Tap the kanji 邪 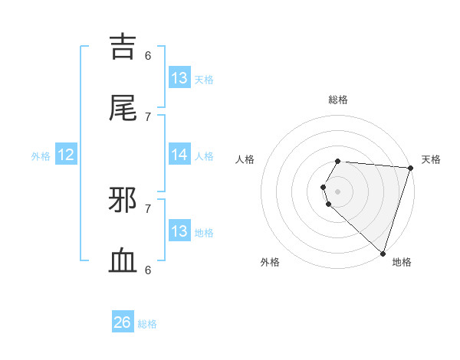point(124,201)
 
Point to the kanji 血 point(124,261)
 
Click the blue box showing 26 point(123,322)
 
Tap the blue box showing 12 point(66,155)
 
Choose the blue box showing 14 point(179,155)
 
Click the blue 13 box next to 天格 point(179,78)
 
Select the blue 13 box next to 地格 point(179,231)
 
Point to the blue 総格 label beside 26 point(147,324)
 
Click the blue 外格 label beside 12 point(41,156)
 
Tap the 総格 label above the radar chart point(338,100)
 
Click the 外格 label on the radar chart point(270,262)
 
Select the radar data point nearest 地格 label point(383,253)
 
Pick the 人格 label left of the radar point(245,159)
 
